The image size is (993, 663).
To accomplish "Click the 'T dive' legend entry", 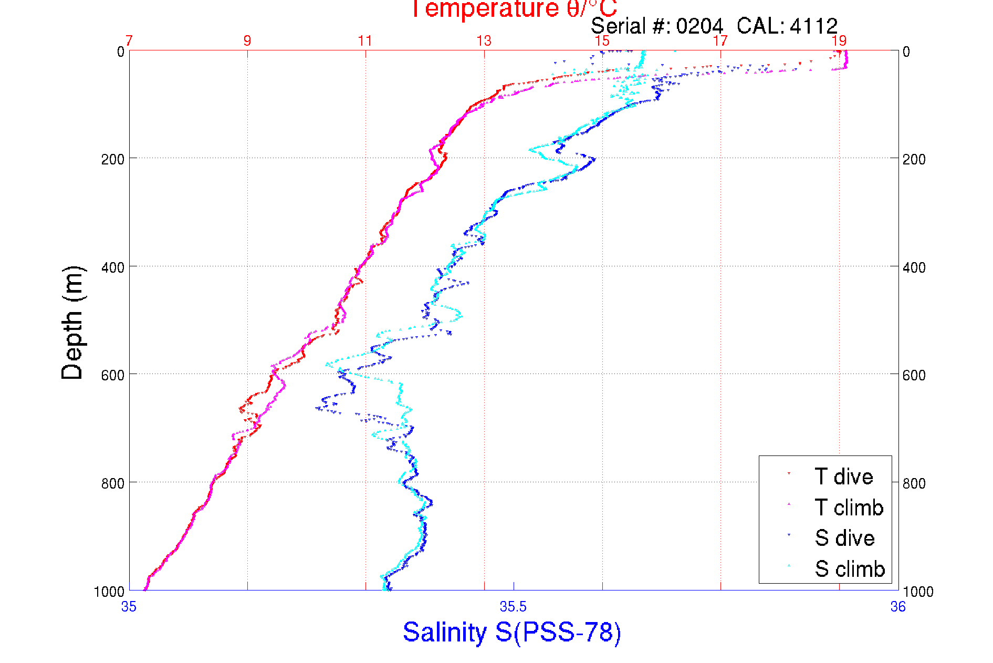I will [843, 476].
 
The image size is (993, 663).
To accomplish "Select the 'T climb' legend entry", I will [849, 507].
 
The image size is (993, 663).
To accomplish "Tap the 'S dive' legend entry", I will [844, 538].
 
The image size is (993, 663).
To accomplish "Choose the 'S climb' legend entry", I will [850, 569].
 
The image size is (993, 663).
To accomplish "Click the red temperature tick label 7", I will [129, 41].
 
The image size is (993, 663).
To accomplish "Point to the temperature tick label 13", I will [484, 41].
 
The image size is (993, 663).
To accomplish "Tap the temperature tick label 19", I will [839, 41].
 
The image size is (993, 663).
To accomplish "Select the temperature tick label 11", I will [365, 41].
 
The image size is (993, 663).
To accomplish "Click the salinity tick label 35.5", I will [513, 607].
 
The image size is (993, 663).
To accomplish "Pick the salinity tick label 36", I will [898, 607].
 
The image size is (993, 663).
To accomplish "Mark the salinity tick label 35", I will [129, 607].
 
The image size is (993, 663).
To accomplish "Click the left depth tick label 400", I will [112, 267].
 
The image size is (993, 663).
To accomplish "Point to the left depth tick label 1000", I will [109, 592].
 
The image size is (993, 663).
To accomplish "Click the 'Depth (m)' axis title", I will [72, 323].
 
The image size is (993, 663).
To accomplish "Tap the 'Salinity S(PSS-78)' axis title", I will [512, 632].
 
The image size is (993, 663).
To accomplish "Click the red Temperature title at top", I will [514, 9].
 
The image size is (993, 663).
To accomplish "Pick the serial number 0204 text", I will [699, 26].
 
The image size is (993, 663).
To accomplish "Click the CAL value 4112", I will [813, 26].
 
